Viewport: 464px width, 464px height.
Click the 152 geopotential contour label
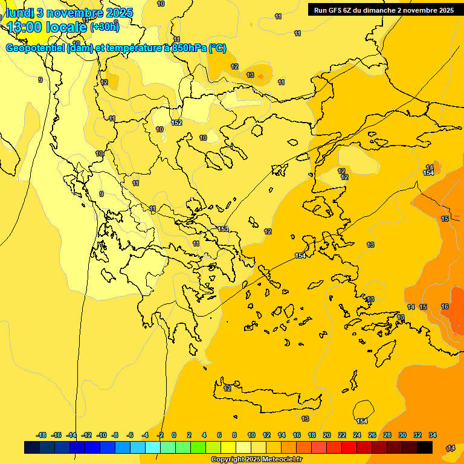176,123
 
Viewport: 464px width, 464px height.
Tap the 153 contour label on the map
223,229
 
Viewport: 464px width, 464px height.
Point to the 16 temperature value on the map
445,307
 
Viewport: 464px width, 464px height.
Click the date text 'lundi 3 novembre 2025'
69,13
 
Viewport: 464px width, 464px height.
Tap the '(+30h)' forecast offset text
105,27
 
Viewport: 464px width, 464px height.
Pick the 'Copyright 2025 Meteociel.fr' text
256,460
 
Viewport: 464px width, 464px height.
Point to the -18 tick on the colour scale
41,435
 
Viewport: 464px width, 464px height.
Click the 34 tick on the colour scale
433,435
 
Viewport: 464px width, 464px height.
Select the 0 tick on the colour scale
174,435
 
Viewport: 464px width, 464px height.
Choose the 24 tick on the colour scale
357,435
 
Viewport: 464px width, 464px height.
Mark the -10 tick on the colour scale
101,435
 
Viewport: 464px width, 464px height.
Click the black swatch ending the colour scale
425,448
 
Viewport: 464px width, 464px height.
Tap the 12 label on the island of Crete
227,388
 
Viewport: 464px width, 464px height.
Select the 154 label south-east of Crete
362,421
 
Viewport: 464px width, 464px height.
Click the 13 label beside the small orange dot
250,75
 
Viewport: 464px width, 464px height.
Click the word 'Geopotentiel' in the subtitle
36,48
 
